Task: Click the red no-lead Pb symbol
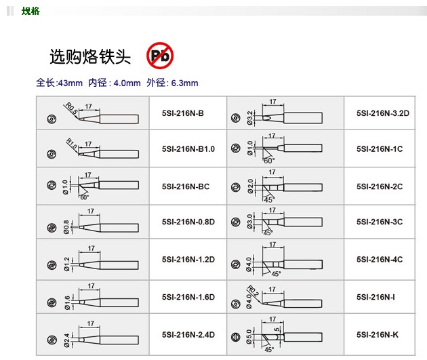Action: pos(160,56)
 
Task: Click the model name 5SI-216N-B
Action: pos(183,113)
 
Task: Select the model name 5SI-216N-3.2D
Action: pos(383,113)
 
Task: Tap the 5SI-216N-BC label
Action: pos(186,186)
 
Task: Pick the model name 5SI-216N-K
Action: pos(378,335)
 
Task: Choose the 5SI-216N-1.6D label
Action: pos(188,297)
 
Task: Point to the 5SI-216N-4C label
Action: pos(380,259)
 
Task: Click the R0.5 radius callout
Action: pos(72,108)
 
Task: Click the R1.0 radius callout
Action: pos(72,144)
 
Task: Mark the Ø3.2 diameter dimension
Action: pos(250,118)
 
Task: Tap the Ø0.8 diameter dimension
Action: pos(66,227)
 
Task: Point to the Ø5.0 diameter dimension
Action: pos(249,336)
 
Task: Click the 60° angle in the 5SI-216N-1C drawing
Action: pos(269,161)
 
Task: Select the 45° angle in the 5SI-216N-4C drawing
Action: pos(276,274)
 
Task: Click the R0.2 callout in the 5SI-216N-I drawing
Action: pos(253,291)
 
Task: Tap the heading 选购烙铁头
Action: pos(90,57)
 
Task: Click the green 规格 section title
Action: pos(30,11)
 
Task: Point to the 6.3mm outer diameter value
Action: pos(185,83)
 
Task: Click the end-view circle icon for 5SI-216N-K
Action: pos(236,338)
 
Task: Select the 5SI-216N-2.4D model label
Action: pos(188,335)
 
